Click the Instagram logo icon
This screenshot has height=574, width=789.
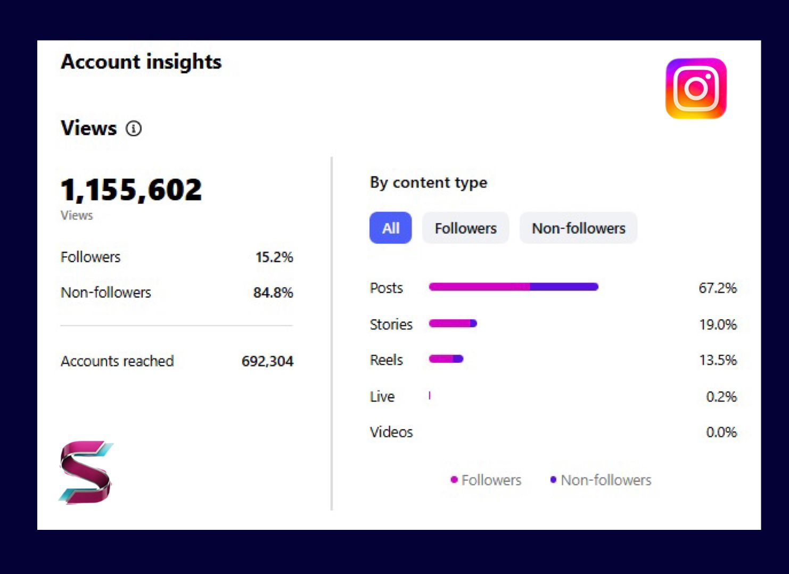(696, 88)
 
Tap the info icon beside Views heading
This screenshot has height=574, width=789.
(134, 128)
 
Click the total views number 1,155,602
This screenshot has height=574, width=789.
(131, 189)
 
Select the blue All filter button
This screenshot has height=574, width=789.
(390, 228)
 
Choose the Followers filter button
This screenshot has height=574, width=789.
(465, 228)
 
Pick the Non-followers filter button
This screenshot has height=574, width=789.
(578, 228)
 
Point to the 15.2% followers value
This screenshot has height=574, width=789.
(274, 257)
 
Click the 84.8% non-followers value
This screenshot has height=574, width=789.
(273, 293)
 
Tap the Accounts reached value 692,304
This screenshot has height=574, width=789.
(267, 361)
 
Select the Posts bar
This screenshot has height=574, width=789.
(513, 287)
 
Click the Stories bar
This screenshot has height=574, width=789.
(453, 323)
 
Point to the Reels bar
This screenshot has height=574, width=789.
(446, 359)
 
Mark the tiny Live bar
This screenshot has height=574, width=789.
(430, 395)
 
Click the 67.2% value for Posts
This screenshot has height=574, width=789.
(717, 288)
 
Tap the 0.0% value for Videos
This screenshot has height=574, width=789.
(721, 432)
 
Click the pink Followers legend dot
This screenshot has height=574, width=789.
(454, 480)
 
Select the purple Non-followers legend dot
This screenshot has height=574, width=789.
(553, 480)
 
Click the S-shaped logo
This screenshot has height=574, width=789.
(86, 472)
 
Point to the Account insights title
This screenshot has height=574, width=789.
(141, 62)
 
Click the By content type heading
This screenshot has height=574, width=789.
(428, 182)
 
